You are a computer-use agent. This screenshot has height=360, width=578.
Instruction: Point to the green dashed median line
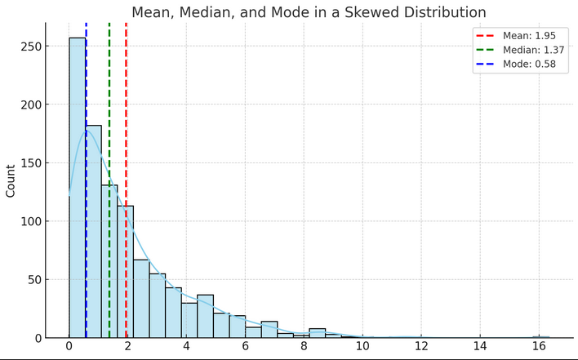pyautogui.click(x=109, y=98)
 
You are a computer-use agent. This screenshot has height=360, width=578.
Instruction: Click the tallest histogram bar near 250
pyautogui.click(x=78, y=188)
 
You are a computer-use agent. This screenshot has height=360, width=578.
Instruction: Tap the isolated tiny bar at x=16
pyautogui.click(x=540, y=336)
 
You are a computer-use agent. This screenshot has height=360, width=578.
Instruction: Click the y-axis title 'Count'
pyautogui.click(x=11, y=180)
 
